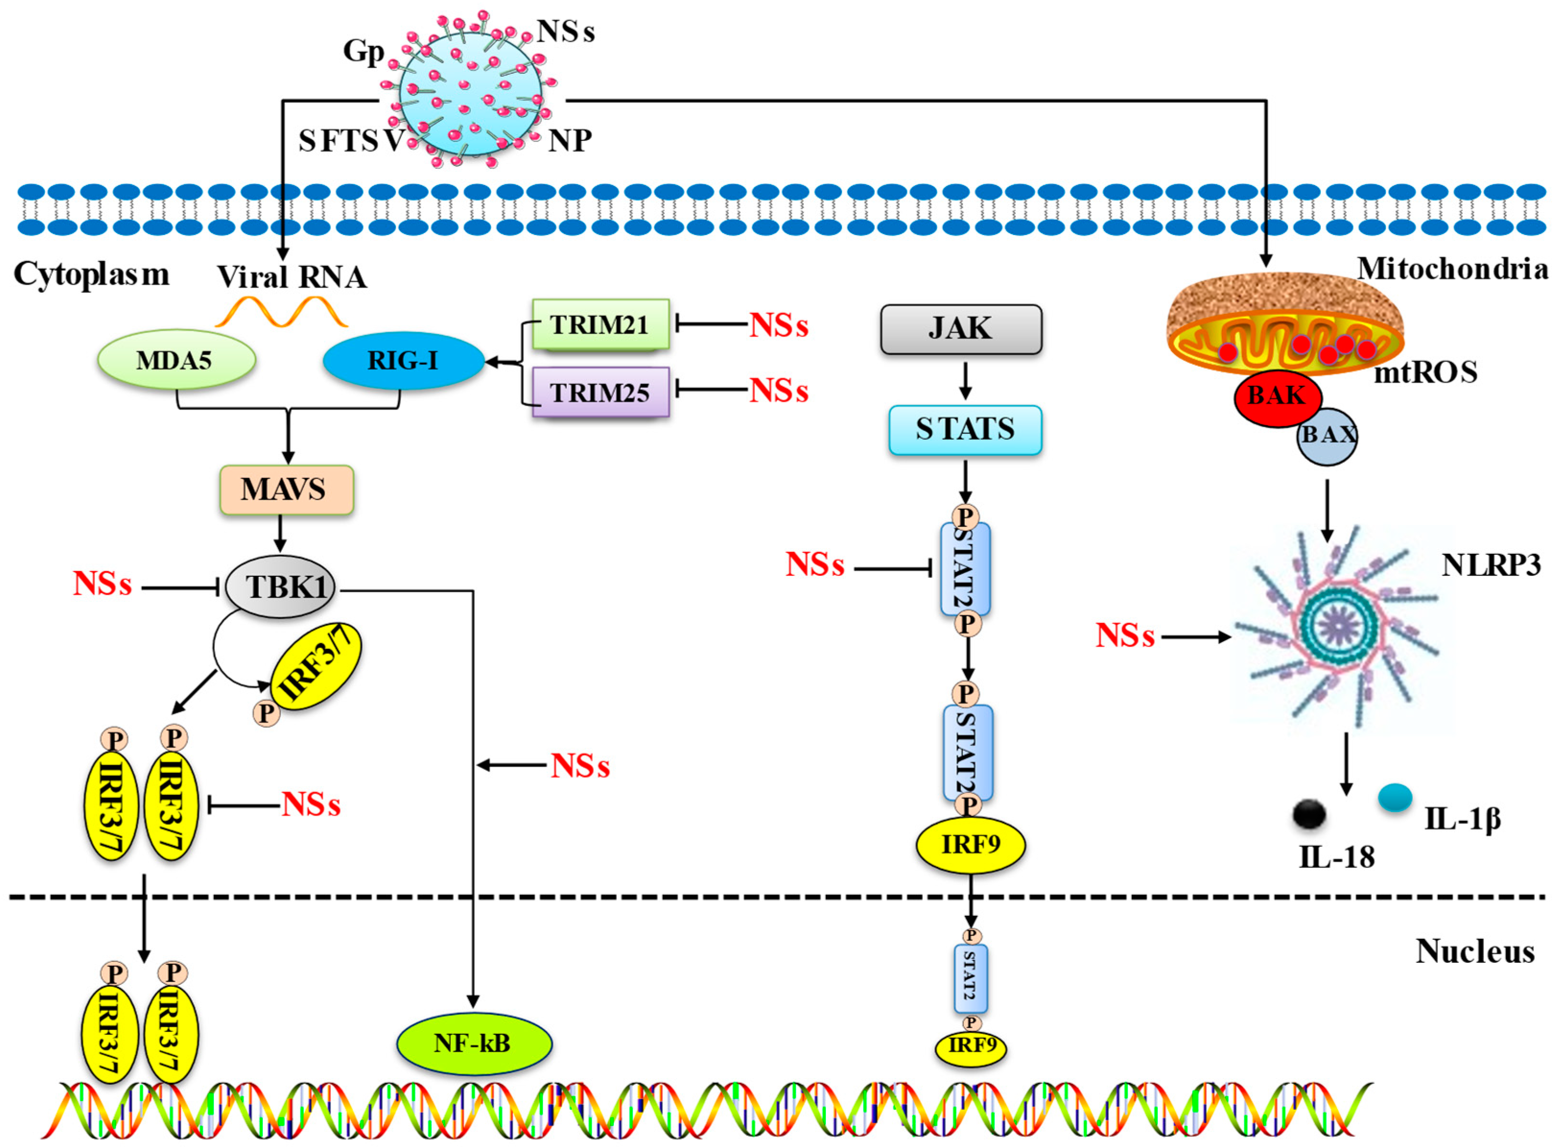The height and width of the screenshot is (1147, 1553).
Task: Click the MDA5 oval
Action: click(x=176, y=360)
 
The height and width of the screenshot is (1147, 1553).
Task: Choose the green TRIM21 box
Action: click(x=600, y=324)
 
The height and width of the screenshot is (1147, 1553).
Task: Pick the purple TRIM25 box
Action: click(x=600, y=392)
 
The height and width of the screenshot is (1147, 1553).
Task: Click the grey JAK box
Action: click(x=961, y=329)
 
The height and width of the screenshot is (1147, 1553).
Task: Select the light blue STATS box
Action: click(x=965, y=430)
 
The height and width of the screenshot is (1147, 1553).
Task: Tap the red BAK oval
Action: click(x=1277, y=397)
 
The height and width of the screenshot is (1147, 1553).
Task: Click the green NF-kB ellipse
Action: click(x=474, y=1043)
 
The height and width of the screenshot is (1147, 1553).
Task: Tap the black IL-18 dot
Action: click(x=1309, y=814)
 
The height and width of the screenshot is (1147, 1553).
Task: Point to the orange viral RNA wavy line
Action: click(x=281, y=313)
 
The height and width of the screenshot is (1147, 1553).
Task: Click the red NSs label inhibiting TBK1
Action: click(x=102, y=585)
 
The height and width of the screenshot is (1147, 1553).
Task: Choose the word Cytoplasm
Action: click(x=91, y=274)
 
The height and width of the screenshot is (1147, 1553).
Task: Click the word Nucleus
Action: click(x=1474, y=951)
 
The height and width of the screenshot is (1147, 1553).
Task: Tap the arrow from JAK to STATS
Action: click(x=965, y=380)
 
